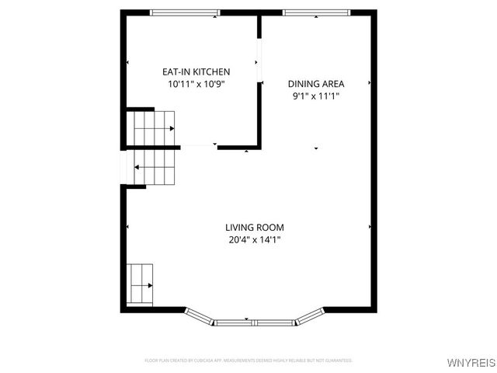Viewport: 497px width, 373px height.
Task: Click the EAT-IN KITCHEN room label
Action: coord(196,71)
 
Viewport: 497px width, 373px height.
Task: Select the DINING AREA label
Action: coord(316,84)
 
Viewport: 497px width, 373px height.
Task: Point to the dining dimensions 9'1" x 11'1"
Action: coord(316,96)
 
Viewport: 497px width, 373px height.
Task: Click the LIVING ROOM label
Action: coord(255,228)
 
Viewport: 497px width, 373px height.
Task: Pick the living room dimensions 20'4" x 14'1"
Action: coord(255,240)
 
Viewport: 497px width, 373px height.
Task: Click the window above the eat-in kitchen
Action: coord(185,12)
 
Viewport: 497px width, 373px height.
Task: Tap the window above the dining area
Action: coord(316,12)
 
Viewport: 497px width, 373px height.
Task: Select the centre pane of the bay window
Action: coord(254,322)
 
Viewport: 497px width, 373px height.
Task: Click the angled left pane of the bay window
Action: coord(200,315)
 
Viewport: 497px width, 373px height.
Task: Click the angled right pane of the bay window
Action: coord(310,315)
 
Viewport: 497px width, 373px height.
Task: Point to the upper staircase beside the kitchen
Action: coord(151,127)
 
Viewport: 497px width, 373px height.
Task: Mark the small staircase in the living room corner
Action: coord(140,285)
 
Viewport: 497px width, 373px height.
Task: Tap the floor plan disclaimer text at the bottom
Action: coord(248,361)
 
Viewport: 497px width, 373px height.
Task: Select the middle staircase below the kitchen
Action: coord(155,166)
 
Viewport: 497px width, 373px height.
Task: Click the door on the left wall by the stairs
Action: coord(122,166)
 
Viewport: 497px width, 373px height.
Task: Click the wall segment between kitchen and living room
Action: coord(238,146)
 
